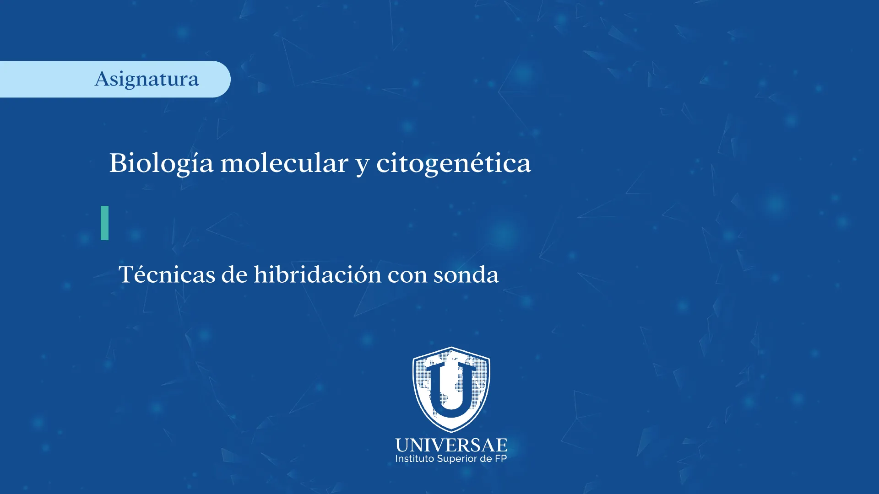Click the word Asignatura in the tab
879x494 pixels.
147,80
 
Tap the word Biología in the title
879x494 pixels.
161,164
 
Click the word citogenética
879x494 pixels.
454,164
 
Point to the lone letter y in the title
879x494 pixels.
363,166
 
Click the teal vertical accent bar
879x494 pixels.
104,223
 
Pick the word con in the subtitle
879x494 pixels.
407,277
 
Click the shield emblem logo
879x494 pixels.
451,389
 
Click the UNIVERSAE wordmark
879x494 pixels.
451,445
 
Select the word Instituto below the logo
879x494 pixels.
415,459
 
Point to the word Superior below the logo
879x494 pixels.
457,459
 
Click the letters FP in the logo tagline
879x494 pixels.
501,459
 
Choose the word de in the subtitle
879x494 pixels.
234,274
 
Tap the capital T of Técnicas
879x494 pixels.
127,274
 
